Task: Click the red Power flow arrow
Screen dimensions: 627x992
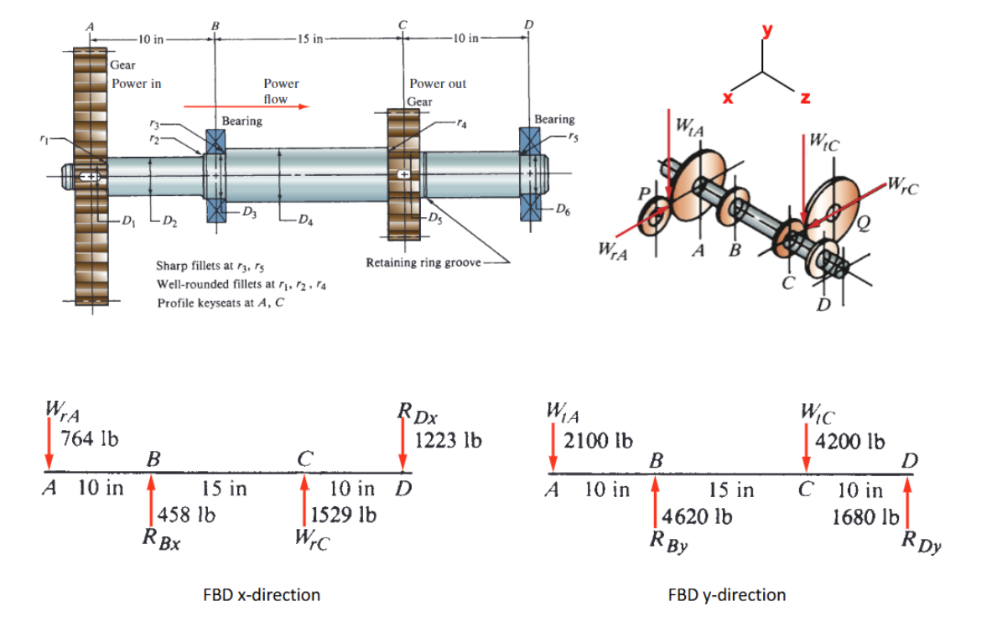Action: coord(247,106)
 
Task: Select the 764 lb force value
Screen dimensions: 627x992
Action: coord(91,438)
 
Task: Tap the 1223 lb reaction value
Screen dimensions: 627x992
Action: coord(449,439)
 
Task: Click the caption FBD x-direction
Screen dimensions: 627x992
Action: coord(262,595)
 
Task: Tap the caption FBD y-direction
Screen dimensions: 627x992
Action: coord(727,595)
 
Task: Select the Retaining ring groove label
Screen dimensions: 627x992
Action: coord(423,262)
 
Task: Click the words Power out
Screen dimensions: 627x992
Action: coord(438,84)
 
